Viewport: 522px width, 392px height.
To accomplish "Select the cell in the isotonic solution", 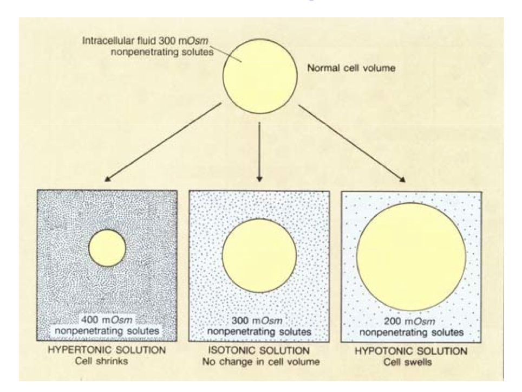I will coord(259,255).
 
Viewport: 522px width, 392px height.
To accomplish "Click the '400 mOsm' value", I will coord(107,319).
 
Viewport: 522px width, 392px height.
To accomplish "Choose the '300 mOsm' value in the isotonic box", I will coord(259,320).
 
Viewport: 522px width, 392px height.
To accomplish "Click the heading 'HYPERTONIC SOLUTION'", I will coord(106,350).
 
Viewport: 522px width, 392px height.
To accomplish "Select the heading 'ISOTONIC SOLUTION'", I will coord(258,350).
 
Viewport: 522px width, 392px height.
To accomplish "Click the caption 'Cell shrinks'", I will coord(106,361).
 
